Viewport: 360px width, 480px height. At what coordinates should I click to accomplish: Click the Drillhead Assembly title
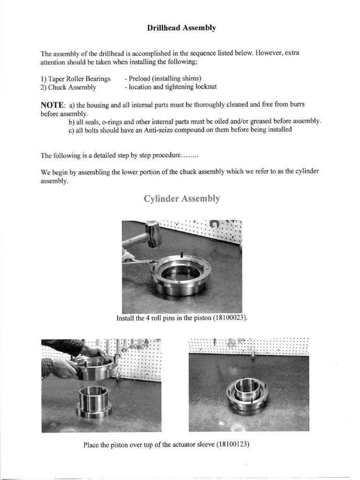click(181, 28)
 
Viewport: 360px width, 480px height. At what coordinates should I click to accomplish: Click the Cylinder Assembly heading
click(181, 199)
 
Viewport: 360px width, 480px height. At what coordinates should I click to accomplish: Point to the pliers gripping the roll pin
click(141, 262)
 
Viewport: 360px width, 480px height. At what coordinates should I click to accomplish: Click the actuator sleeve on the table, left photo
click(94, 401)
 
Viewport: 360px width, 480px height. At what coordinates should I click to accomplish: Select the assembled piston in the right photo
click(247, 393)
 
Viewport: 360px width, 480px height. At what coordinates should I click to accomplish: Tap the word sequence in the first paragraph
click(188, 53)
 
